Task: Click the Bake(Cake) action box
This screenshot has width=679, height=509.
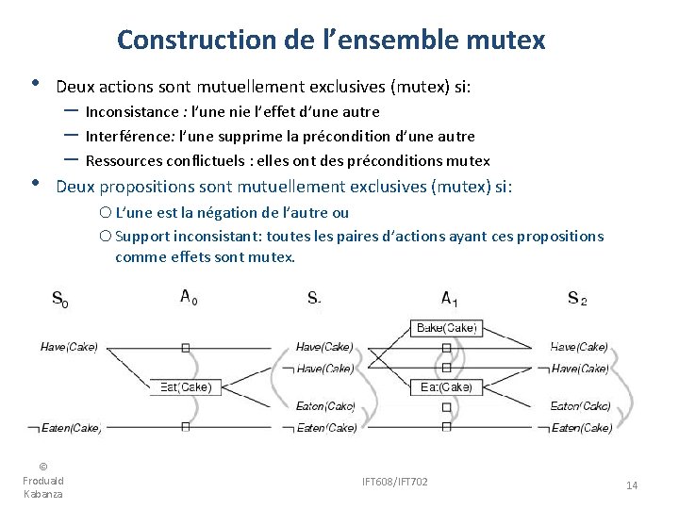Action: (446, 329)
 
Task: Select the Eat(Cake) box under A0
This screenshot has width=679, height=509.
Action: (185, 387)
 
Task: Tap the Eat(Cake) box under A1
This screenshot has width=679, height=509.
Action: (446, 387)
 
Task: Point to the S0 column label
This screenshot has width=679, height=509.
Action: (58, 301)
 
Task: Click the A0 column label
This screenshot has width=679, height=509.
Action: (189, 298)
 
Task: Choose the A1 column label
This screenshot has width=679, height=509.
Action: (450, 299)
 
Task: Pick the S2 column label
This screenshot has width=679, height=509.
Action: (577, 299)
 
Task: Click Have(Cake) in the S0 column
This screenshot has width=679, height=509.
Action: (69, 347)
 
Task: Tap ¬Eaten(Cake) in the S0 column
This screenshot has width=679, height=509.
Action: (71, 428)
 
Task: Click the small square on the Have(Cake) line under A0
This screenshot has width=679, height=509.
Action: (185, 348)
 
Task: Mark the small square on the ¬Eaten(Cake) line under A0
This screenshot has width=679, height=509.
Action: (185, 427)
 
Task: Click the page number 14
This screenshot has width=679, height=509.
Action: (632, 485)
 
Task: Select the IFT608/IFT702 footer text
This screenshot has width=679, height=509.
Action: (394, 482)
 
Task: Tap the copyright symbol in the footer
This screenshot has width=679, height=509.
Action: (43, 467)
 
